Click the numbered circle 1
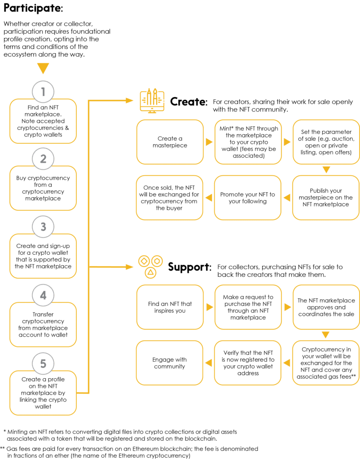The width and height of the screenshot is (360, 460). tap(43, 92)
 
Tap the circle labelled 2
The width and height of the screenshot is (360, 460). tap(43, 159)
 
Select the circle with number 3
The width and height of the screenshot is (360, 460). tap(43, 227)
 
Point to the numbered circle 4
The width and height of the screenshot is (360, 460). tap(43, 296)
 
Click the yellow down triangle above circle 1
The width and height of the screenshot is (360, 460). tap(43, 69)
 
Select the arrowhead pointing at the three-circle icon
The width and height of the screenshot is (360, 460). tap(130, 267)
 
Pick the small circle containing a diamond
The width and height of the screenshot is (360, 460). tap(144, 261)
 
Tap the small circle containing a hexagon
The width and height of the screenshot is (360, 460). tap(157, 261)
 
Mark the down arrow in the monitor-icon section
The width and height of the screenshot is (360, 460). tap(326, 170)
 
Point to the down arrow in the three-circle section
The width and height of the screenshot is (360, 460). tap(326, 335)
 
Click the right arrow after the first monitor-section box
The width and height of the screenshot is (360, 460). tap(209, 142)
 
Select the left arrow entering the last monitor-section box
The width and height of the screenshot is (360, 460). tap(209, 197)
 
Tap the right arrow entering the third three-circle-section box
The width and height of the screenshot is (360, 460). tap(287, 307)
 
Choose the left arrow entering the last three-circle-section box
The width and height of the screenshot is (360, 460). tap(209, 363)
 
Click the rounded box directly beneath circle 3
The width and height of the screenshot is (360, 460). tap(43, 256)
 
